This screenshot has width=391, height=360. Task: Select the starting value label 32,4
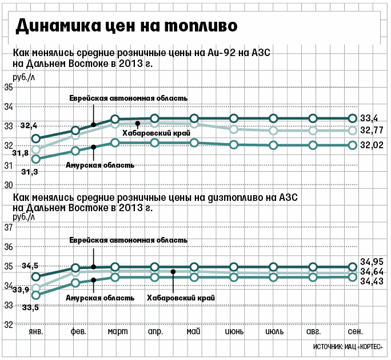point(29,125)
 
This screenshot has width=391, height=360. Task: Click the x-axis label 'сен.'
point(354,333)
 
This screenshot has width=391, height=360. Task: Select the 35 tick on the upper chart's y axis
point(9,88)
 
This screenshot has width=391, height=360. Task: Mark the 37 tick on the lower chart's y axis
point(9,228)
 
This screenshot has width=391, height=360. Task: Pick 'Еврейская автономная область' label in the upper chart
point(128,98)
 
